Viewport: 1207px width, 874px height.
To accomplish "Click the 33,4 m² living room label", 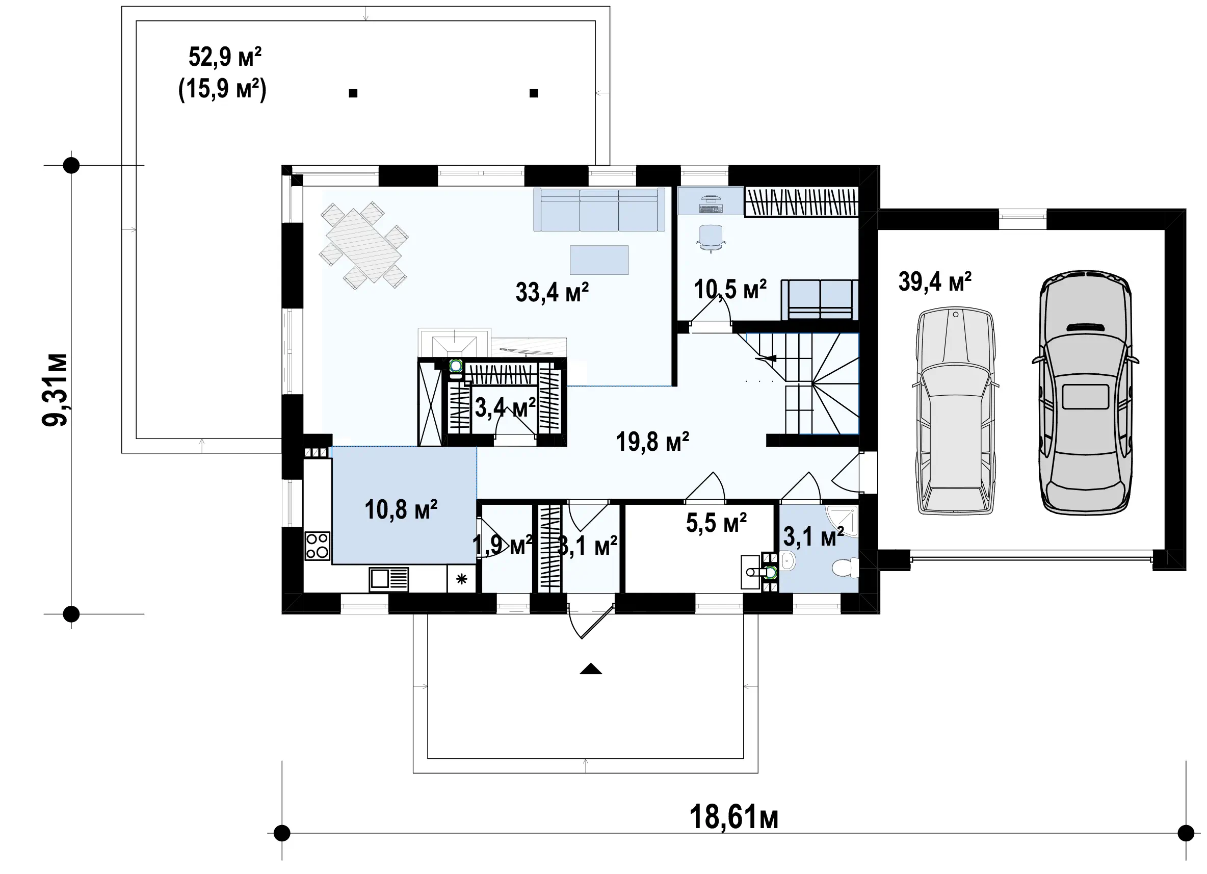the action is click(552, 292).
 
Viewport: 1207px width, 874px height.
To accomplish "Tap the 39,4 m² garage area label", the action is click(934, 281).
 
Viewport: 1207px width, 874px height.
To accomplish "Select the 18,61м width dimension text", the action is click(734, 816).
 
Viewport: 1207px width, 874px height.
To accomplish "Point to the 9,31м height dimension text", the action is click(56, 389).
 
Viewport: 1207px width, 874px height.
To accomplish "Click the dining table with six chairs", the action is click(364, 245).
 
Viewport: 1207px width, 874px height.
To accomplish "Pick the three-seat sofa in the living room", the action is click(599, 209).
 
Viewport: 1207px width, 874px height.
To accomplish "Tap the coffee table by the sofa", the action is click(599, 260).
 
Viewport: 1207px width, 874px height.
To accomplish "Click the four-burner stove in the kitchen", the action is click(317, 546).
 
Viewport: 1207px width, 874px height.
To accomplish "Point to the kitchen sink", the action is click(389, 579).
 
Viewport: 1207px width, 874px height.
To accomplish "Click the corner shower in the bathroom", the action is click(843, 520).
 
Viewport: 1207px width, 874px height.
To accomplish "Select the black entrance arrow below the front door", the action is click(591, 669).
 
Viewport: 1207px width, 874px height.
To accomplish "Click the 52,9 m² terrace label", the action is click(225, 57).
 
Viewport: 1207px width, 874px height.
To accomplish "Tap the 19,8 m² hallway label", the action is click(652, 442).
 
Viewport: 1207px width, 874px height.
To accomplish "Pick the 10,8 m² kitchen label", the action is click(401, 510).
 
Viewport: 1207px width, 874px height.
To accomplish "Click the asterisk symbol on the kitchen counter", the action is click(461, 579).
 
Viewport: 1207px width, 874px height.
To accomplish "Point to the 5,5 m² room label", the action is click(716, 523).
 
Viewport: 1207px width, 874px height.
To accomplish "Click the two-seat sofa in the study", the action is click(820, 300).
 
